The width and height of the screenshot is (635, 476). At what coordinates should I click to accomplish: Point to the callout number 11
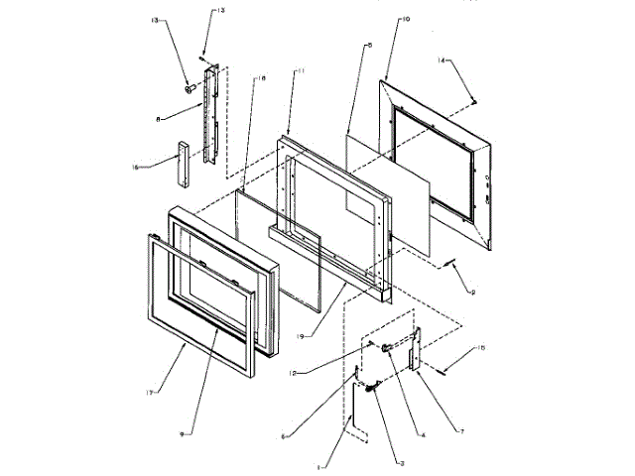click(x=303, y=71)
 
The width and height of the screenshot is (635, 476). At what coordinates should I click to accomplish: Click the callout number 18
click(x=261, y=77)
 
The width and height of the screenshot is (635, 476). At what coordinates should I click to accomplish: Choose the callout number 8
click(x=158, y=119)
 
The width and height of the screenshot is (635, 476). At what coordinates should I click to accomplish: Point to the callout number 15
click(x=480, y=347)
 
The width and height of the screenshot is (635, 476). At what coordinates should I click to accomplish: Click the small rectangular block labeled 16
click(x=182, y=166)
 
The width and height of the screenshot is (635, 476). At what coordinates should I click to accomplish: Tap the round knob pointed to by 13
click(x=188, y=88)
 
